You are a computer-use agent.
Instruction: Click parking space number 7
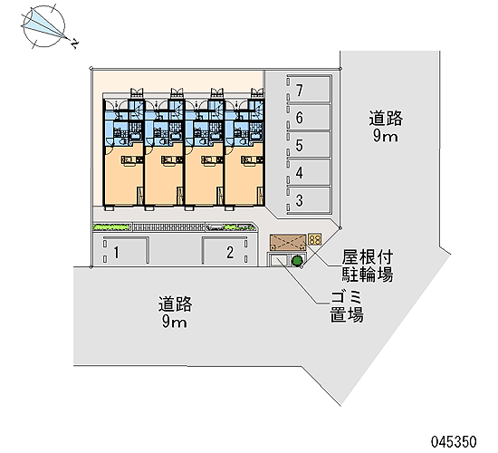309,90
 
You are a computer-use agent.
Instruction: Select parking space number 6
309,117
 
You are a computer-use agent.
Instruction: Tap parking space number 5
309,145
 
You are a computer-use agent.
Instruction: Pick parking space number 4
309,172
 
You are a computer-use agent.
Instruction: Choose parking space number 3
309,200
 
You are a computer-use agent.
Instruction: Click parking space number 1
126,251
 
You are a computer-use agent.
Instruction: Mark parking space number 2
225,251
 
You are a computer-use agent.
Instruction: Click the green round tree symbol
297,261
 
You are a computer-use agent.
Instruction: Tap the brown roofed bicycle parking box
288,243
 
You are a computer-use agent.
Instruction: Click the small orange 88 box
315,239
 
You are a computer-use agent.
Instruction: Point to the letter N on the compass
75,44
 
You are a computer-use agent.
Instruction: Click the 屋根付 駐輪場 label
367,266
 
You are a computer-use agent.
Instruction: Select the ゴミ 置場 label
347,307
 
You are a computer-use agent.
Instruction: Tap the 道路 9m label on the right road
386,127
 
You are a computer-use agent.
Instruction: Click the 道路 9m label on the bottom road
175,313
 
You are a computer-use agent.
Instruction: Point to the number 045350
454,441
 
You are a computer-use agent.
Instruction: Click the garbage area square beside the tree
279,260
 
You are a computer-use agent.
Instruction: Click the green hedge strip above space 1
111,227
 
